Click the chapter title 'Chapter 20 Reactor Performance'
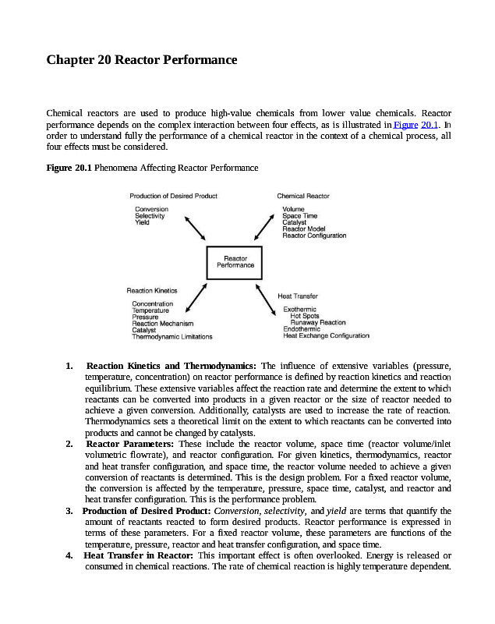142,60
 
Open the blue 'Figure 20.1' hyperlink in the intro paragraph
419,125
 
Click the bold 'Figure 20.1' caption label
69,168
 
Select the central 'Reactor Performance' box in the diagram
235,262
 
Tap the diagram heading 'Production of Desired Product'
173,196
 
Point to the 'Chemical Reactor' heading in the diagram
303,196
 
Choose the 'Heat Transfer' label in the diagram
298,296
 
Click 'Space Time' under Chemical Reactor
299,216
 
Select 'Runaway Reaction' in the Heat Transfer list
318,322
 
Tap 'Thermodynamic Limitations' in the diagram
171,337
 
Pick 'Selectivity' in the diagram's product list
150,216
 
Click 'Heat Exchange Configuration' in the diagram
326,335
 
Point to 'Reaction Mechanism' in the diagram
162,324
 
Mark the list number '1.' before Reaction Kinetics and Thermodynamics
70,366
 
